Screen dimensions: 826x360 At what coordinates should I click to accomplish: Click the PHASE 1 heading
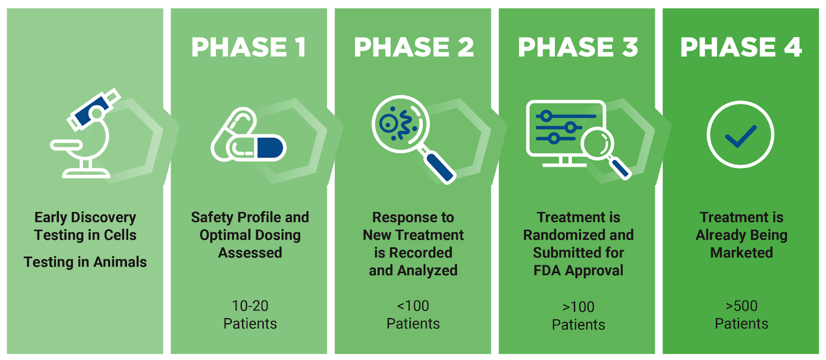(x=248, y=47)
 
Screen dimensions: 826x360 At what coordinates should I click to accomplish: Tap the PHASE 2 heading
(x=414, y=47)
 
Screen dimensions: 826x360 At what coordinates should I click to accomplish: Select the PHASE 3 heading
(x=578, y=47)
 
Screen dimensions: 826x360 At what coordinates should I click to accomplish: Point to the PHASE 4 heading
(x=741, y=47)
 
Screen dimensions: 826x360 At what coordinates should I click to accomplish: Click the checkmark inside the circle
(x=740, y=136)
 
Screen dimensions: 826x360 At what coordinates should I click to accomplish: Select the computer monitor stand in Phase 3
(x=565, y=162)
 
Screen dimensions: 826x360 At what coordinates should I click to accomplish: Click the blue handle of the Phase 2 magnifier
(x=440, y=168)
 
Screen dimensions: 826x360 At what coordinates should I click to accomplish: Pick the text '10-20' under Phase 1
(x=250, y=306)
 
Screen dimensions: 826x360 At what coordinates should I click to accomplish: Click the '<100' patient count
(x=413, y=306)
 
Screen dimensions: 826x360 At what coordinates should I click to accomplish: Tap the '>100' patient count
(x=578, y=307)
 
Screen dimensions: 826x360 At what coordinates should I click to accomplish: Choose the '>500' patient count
(x=741, y=306)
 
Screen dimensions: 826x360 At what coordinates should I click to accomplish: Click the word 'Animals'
(x=120, y=262)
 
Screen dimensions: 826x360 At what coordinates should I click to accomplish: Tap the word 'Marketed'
(x=741, y=253)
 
